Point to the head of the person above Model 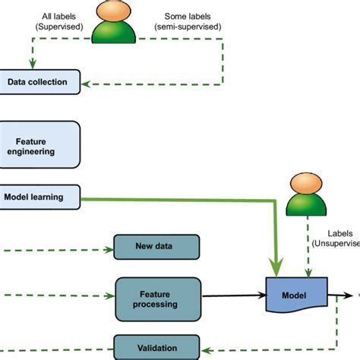click(x=308, y=187)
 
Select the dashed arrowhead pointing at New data click(x=108, y=248)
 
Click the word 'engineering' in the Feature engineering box click(x=36, y=151)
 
